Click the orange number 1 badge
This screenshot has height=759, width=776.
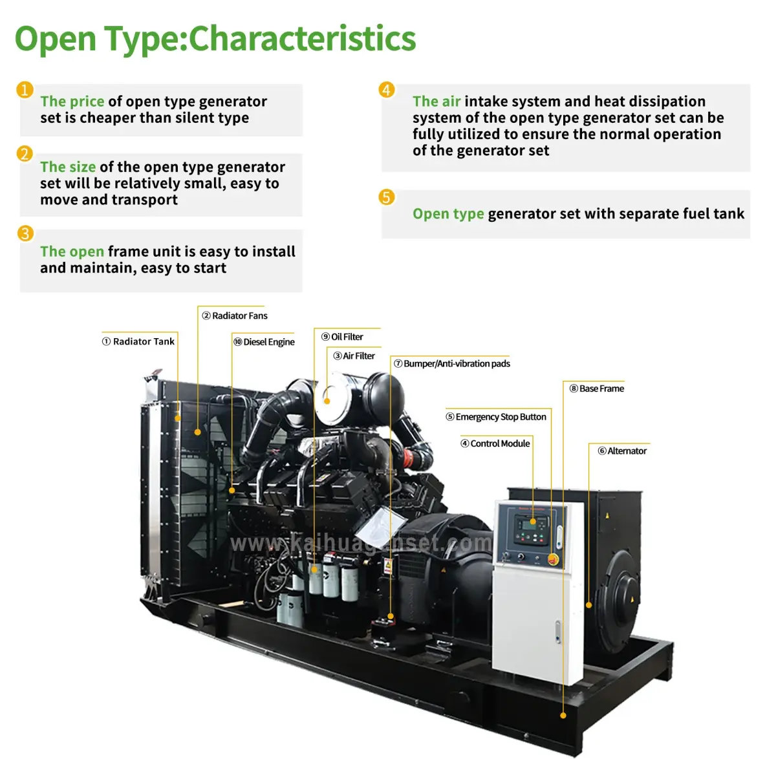25,89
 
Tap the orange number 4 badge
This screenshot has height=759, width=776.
387,89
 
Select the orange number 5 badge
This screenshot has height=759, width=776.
387,197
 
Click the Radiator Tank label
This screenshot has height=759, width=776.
138,341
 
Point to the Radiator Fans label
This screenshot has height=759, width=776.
235,315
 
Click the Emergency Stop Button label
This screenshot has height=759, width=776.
496,417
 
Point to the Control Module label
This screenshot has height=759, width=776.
495,444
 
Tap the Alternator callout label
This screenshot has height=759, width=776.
622,451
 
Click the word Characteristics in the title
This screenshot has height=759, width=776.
302,39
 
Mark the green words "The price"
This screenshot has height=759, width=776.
72,102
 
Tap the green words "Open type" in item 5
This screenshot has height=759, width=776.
448,214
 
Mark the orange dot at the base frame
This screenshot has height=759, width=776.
563,715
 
